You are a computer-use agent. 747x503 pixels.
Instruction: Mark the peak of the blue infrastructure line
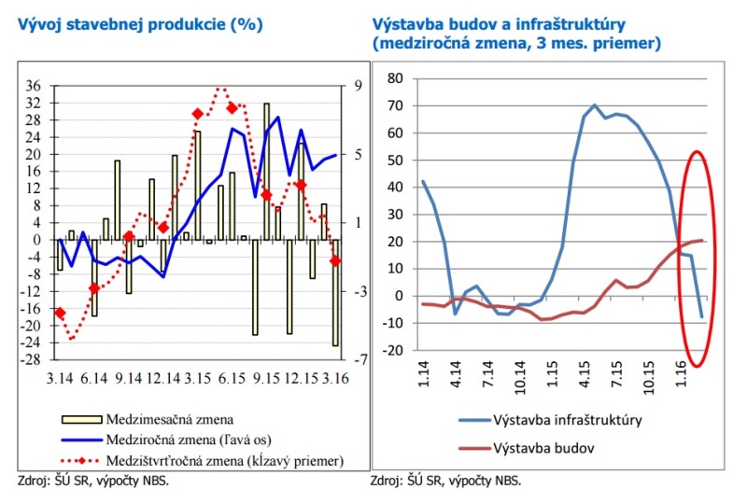595,105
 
